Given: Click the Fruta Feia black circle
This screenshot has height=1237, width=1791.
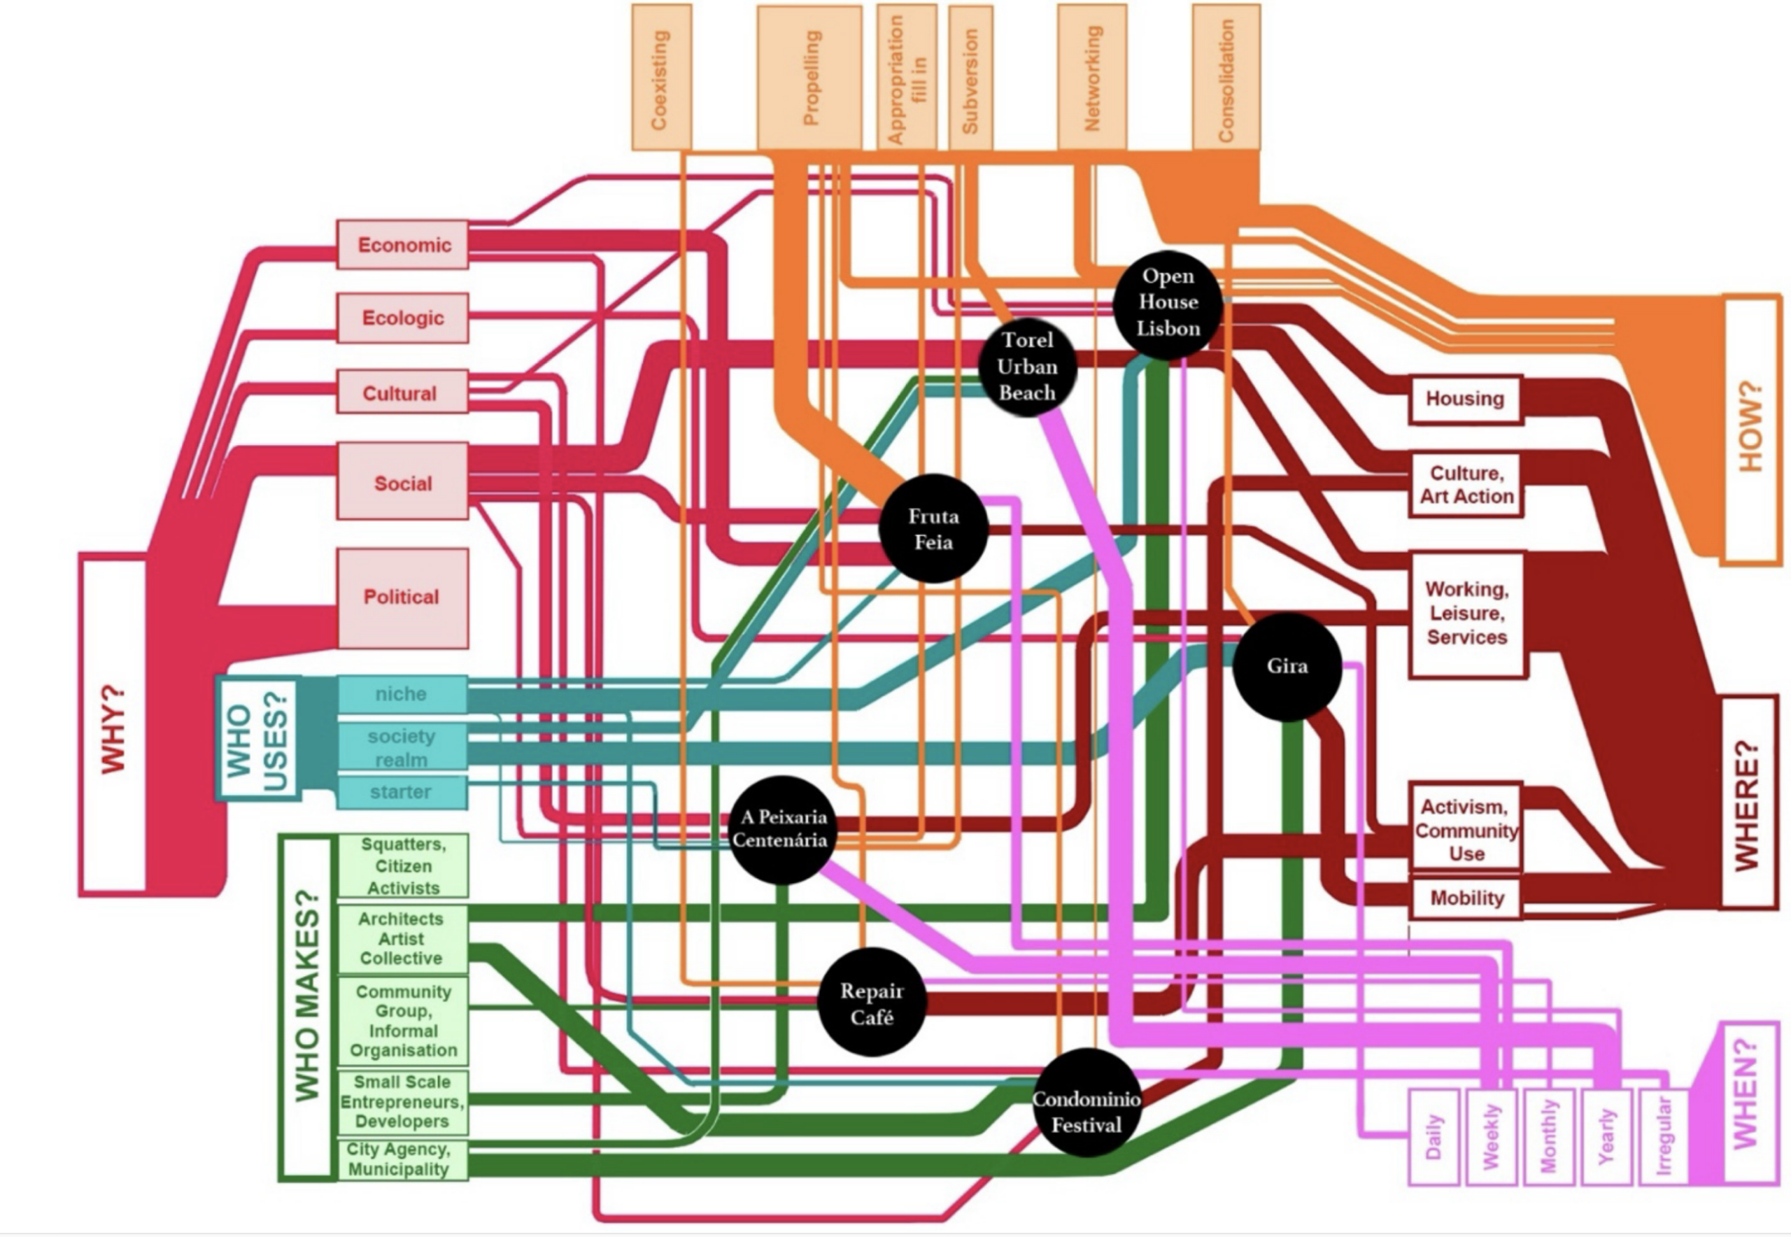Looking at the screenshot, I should click(933, 528).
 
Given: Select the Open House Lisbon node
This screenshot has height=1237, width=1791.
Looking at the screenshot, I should click(1168, 303).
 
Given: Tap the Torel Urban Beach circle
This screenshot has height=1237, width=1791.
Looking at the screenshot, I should click(1027, 367).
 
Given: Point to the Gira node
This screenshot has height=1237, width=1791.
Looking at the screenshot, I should click(1287, 666).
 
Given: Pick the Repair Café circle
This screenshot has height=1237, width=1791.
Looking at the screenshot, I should click(872, 1003).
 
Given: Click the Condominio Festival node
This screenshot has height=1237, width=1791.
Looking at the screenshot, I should click(1086, 1112).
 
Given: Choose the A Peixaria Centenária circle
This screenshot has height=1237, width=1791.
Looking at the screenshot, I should click(783, 828).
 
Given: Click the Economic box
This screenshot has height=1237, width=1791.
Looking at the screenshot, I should click(403, 245).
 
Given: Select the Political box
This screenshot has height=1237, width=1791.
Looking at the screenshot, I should click(403, 598).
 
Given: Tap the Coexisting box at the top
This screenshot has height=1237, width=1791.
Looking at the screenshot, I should click(661, 78).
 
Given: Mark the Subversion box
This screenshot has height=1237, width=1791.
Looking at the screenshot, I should click(970, 78).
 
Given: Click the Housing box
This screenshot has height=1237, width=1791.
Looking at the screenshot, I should click(1465, 400).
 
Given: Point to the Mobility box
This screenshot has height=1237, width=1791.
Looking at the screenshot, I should click(1466, 898).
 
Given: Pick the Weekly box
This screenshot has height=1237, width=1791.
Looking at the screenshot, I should click(1491, 1136).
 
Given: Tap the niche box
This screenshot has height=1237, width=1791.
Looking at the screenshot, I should click(402, 693).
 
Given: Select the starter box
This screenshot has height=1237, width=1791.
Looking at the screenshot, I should click(402, 792).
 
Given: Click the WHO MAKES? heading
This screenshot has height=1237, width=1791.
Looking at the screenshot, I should click(308, 1007).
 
